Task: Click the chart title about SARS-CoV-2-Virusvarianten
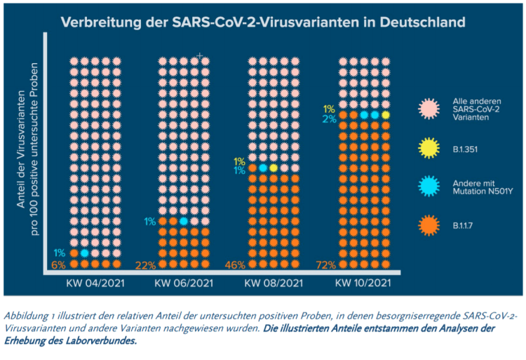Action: click(x=263, y=22)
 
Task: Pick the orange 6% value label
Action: click(x=59, y=265)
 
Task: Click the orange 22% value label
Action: click(x=146, y=265)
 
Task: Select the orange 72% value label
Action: click(x=325, y=265)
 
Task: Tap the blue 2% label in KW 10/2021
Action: click(x=329, y=119)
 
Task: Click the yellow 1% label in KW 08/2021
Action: click(x=239, y=161)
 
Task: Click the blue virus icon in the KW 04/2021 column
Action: click(x=84, y=253)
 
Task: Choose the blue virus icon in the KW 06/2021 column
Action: click(x=183, y=221)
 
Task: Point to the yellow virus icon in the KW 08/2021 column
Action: click(x=274, y=168)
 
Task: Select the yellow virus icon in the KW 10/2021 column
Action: click(x=386, y=114)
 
